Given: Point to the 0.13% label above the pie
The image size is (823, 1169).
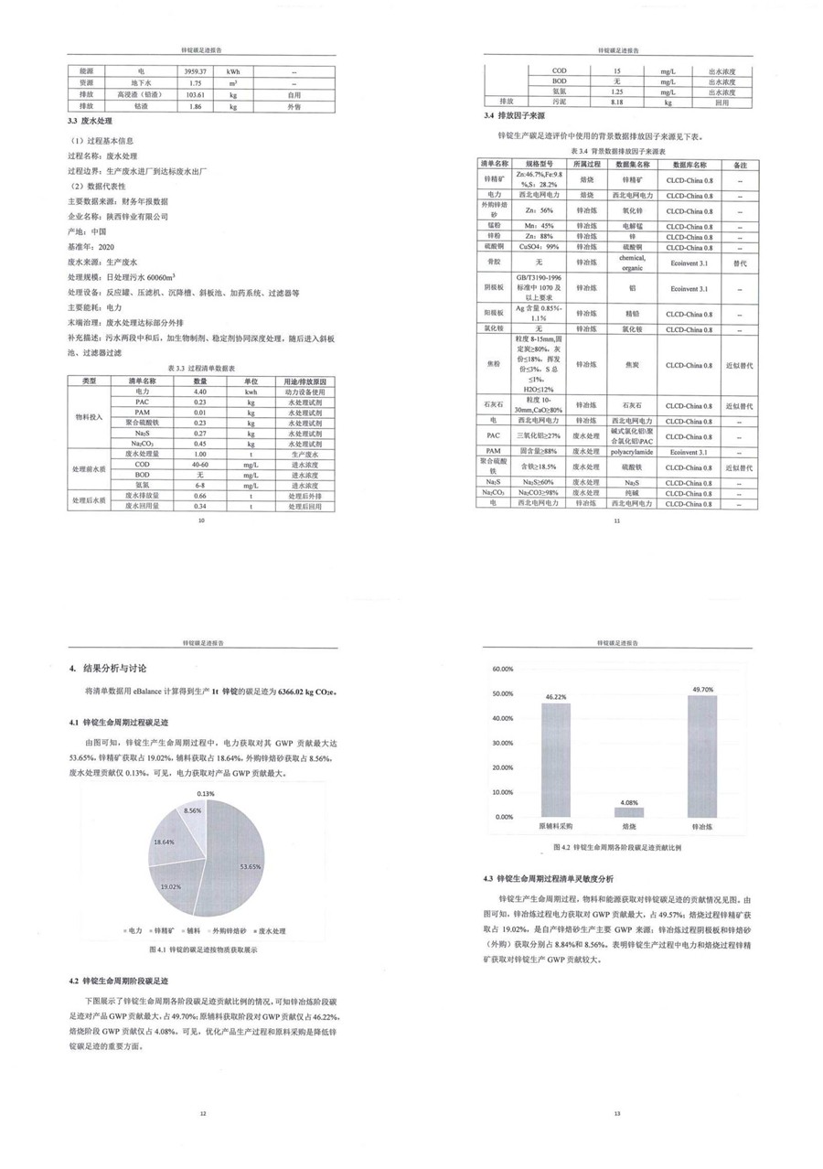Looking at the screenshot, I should coord(206,793).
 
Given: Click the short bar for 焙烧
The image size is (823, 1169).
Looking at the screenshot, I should coord(628,811).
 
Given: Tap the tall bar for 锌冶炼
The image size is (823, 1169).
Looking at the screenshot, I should coord(703,756).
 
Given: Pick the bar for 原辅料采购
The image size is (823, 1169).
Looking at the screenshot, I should coord(555,759).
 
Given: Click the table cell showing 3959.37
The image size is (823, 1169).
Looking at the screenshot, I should coord(199,70).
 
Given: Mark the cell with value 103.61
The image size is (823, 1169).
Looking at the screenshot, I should coord(199,93).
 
